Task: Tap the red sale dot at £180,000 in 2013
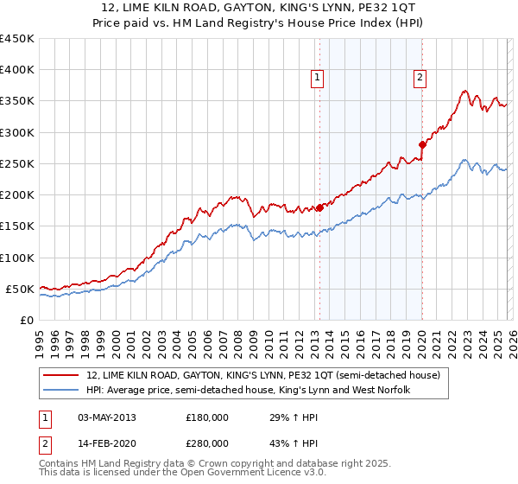[x=319, y=207]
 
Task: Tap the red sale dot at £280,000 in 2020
[x=422, y=144]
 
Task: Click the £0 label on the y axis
[x=26, y=320]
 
